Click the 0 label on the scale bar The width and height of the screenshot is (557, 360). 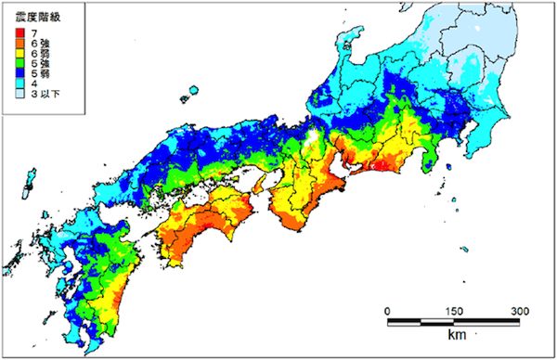tap(387, 310)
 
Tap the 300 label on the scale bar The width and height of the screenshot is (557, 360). tap(520, 310)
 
